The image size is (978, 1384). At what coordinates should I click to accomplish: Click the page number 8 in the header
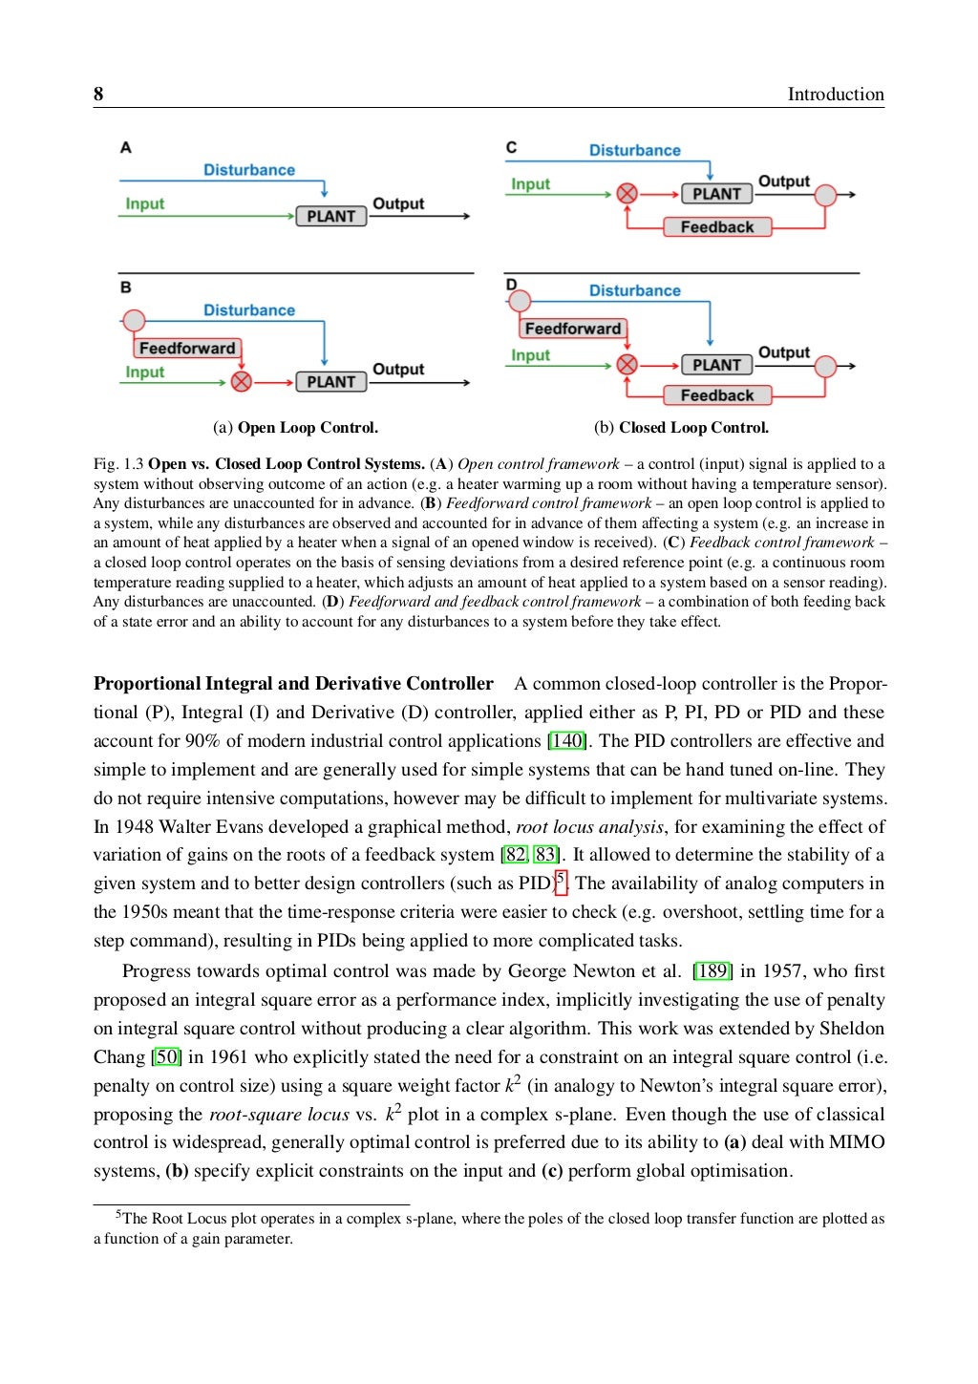(x=98, y=94)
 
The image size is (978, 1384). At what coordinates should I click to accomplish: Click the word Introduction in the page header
(x=835, y=94)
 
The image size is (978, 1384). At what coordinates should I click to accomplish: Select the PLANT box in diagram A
(x=330, y=217)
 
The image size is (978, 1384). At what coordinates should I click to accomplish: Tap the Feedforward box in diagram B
(x=187, y=349)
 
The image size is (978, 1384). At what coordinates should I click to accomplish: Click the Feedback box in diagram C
(x=717, y=227)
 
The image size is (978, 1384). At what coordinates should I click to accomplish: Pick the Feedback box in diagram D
(x=717, y=395)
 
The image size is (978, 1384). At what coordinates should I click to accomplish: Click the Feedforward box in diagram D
(x=573, y=329)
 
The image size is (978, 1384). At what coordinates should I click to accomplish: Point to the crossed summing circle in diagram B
(x=242, y=382)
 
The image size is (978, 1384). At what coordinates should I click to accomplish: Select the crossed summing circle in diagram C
(x=627, y=194)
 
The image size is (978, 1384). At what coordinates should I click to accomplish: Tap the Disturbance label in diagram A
(x=249, y=170)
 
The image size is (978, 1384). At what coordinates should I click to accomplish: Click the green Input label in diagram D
(x=530, y=355)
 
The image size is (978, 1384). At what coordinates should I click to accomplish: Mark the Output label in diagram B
(x=398, y=369)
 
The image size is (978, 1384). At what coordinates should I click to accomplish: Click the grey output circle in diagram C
(x=825, y=195)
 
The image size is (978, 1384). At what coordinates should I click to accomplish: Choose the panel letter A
(x=126, y=147)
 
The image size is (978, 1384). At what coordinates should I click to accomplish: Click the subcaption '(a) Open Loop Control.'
(x=295, y=428)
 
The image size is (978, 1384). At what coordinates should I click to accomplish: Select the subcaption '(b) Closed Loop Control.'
(x=681, y=428)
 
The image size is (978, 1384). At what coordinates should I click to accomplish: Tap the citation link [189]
(x=712, y=971)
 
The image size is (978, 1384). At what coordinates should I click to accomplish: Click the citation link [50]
(x=167, y=1057)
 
